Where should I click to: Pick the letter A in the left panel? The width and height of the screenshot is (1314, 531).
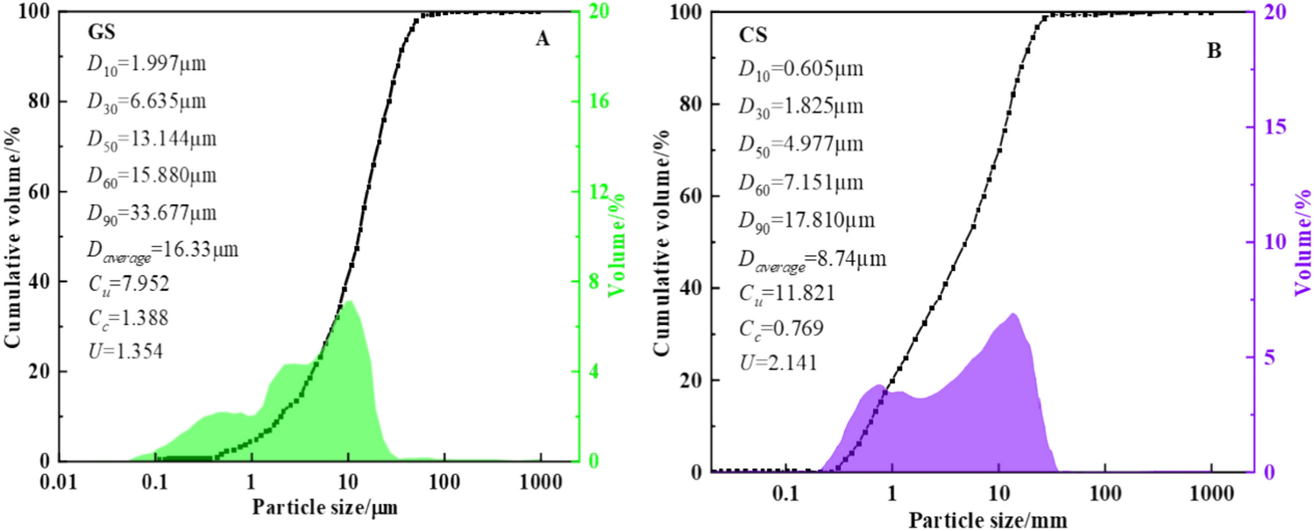(543, 40)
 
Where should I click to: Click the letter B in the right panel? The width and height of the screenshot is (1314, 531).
(1213, 51)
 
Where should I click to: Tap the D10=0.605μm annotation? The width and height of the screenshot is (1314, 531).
(799, 68)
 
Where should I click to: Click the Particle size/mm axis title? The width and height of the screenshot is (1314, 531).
(988, 520)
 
